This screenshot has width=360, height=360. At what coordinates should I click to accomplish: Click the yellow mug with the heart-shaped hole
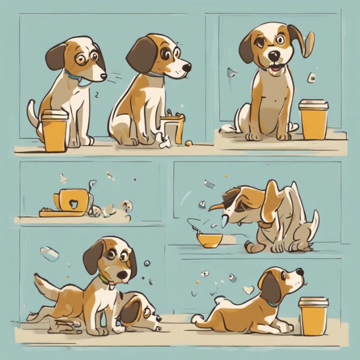pyautogui.click(x=72, y=201)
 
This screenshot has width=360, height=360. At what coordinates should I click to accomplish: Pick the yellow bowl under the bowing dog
pyautogui.click(x=210, y=240)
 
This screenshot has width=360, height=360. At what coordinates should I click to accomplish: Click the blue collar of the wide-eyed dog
pyautogui.click(x=73, y=75)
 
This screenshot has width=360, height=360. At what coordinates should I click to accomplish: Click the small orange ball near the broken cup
pyautogui.click(x=188, y=142)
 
